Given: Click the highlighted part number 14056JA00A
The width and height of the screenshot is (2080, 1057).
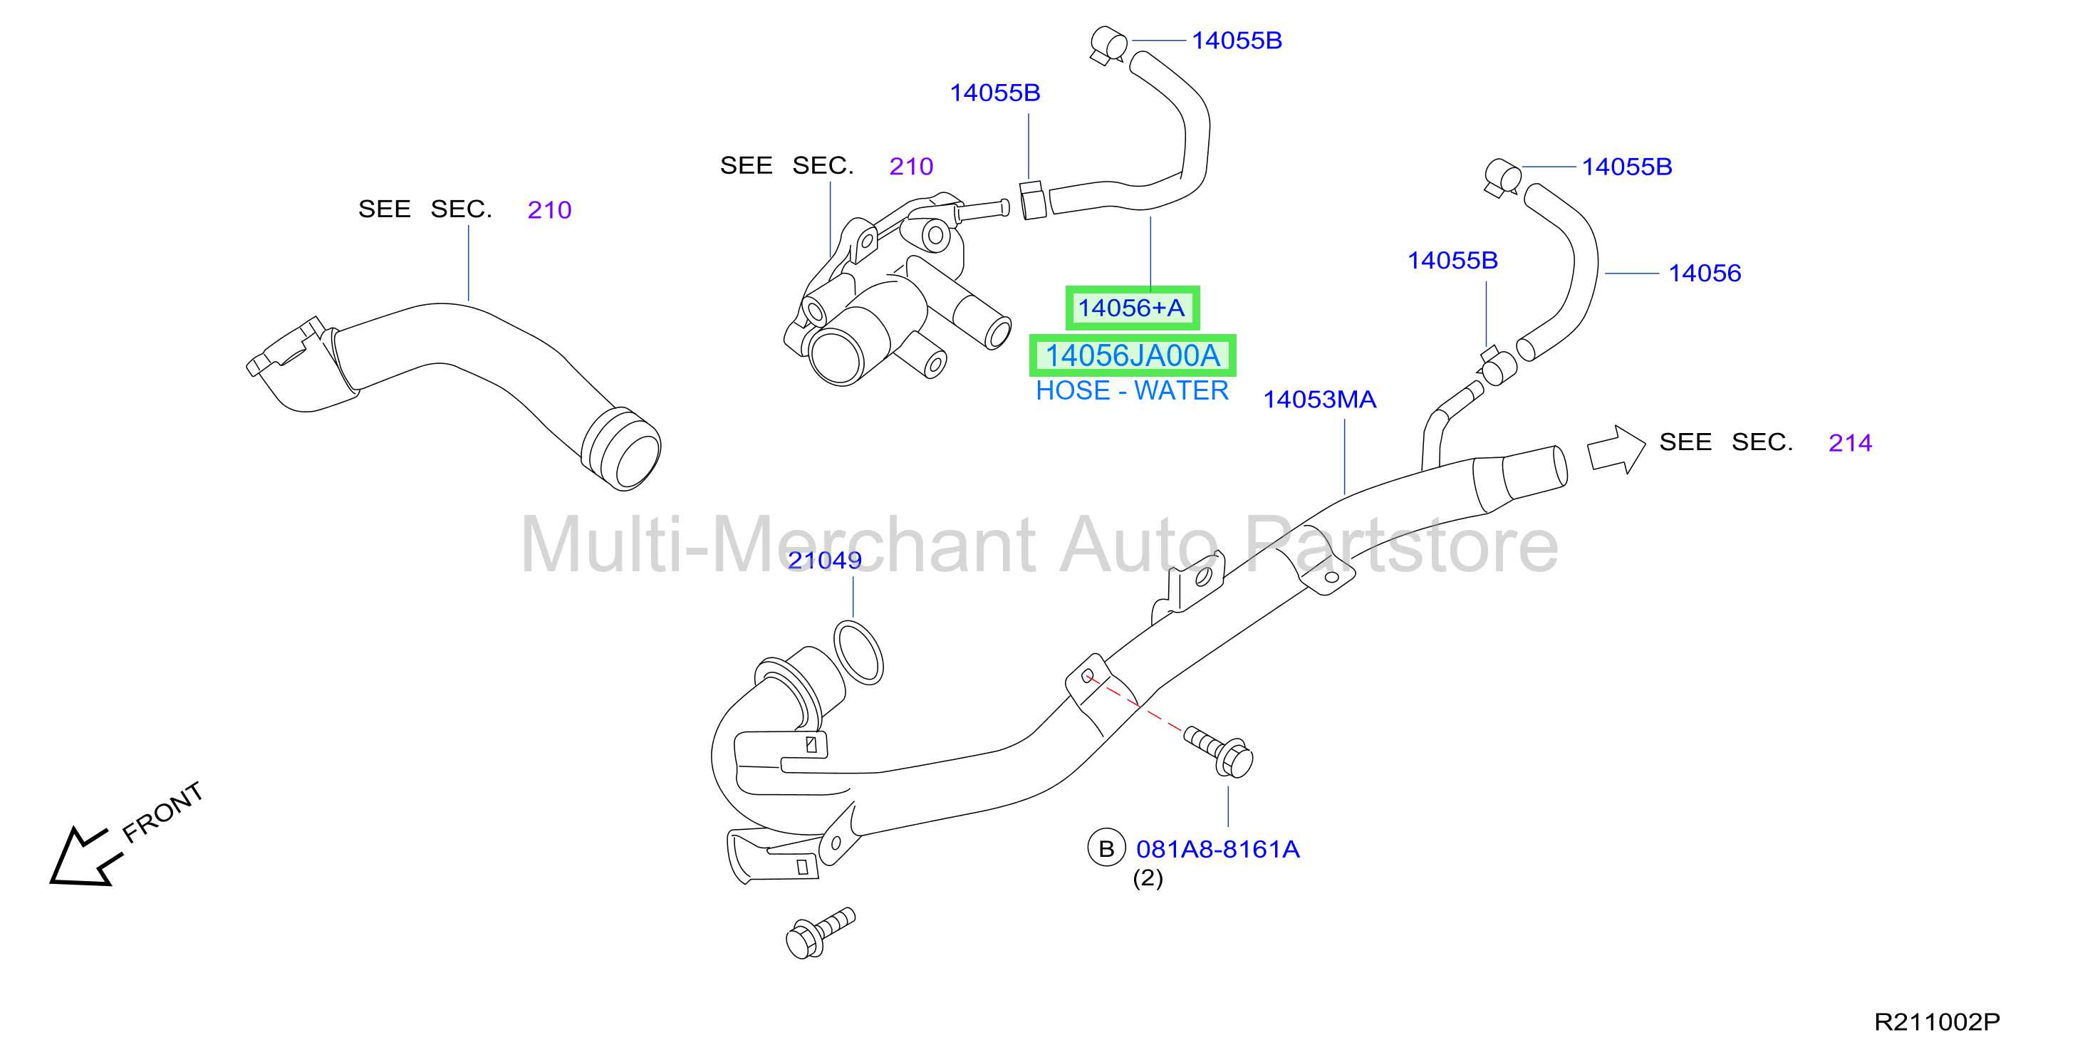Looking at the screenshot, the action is pyautogui.click(x=1132, y=355).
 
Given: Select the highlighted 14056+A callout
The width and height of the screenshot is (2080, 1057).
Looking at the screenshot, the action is pyautogui.click(x=1132, y=308).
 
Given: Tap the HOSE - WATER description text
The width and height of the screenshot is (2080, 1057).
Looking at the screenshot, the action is pyautogui.click(x=1132, y=391).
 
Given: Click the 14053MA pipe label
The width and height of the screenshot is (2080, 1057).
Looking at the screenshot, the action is pyautogui.click(x=1319, y=400).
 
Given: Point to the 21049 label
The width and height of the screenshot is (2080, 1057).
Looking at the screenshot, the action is pyautogui.click(x=824, y=560).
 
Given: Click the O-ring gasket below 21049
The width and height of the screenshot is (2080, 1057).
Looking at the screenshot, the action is pyautogui.click(x=858, y=652).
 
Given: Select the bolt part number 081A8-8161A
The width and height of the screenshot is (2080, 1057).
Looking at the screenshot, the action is pyautogui.click(x=1217, y=849).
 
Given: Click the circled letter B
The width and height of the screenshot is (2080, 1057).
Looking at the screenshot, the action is pyautogui.click(x=1106, y=849).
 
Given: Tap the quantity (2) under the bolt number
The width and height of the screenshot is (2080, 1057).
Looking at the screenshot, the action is pyautogui.click(x=1148, y=878).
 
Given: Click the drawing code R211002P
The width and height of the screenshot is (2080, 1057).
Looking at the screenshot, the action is pyautogui.click(x=1937, y=1021).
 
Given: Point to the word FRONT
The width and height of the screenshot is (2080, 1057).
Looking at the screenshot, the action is pyautogui.click(x=162, y=811).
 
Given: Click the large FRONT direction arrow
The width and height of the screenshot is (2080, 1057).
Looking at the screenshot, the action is pyautogui.click(x=84, y=857).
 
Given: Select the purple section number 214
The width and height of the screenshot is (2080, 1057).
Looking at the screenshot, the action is pyautogui.click(x=1850, y=442).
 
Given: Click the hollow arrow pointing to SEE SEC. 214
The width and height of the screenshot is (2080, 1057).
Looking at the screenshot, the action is pyautogui.click(x=1616, y=449).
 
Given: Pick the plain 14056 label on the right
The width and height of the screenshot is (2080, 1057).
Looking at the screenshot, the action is pyautogui.click(x=1705, y=273).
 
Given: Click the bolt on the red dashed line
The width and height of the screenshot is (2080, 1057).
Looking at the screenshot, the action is pyautogui.click(x=1219, y=751).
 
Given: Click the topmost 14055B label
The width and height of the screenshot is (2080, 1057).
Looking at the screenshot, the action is pyautogui.click(x=1237, y=41).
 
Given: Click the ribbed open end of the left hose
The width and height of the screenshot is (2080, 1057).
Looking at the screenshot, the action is pyautogui.click(x=621, y=448).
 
